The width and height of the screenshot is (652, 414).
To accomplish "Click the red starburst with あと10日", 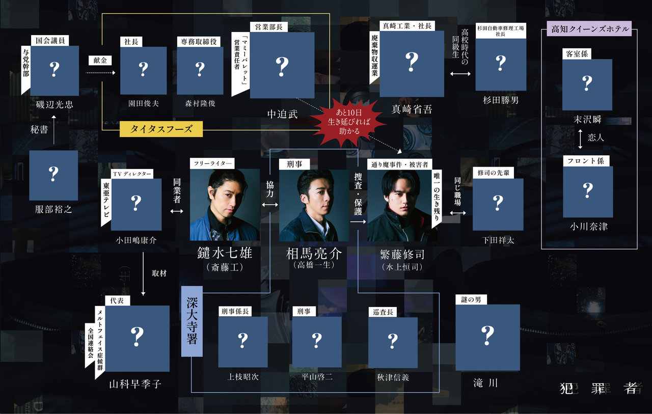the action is click(x=348, y=122).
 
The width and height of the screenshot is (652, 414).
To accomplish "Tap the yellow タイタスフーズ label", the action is click(x=161, y=129).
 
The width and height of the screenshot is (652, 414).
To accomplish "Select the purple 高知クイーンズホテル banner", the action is click(x=589, y=29).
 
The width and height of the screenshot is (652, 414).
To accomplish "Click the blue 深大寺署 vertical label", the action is click(x=192, y=321).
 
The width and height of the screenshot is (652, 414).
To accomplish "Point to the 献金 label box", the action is click(x=100, y=61).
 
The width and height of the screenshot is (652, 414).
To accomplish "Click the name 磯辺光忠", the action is click(x=55, y=104).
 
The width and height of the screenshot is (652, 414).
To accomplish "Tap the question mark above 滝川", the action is click(x=487, y=335).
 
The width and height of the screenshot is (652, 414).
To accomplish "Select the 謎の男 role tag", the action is click(x=471, y=299).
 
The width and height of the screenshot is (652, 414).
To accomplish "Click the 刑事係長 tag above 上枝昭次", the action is click(x=235, y=312).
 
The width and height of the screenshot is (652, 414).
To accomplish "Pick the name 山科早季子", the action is click(x=135, y=384).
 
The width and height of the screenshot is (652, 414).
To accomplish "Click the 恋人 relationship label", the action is click(x=596, y=137).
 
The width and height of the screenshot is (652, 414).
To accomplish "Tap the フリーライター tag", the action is click(x=212, y=163).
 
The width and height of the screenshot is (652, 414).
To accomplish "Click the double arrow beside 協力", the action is click(x=270, y=205).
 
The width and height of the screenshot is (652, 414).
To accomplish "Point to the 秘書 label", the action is click(x=39, y=129).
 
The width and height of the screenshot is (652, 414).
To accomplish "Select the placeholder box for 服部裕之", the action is click(x=53, y=175).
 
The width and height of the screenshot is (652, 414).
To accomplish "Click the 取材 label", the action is click(x=159, y=273).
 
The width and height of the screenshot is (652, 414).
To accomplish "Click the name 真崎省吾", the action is click(x=412, y=109).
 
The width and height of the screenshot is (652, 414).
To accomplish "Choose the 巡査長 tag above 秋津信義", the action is click(x=383, y=312).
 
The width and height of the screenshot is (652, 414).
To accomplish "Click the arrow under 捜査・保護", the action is click(x=358, y=222).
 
